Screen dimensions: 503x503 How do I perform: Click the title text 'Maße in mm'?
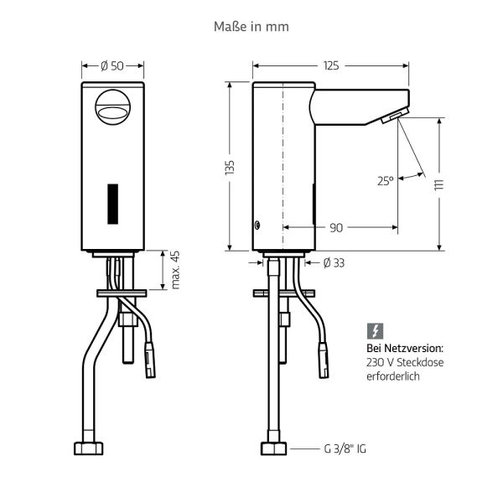tap(251, 27)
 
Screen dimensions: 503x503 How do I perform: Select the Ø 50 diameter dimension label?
tap(112, 65)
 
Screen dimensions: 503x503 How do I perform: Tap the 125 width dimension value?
tap(330, 65)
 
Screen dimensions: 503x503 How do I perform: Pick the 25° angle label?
tap(385, 179)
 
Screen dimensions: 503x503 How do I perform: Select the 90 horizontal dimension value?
tap(336, 227)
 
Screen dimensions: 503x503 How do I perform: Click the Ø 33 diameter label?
tap(333, 263)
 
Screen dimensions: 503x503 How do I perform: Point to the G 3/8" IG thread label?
tap(345, 449)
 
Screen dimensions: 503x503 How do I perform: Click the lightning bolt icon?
tap(374, 330)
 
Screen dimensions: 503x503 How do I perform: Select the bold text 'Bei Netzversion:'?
tap(404, 347)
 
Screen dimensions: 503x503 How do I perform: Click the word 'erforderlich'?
tap(392, 376)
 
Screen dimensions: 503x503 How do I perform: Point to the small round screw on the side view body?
tap(257, 226)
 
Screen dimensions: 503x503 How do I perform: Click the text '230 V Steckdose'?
tap(405, 362)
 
